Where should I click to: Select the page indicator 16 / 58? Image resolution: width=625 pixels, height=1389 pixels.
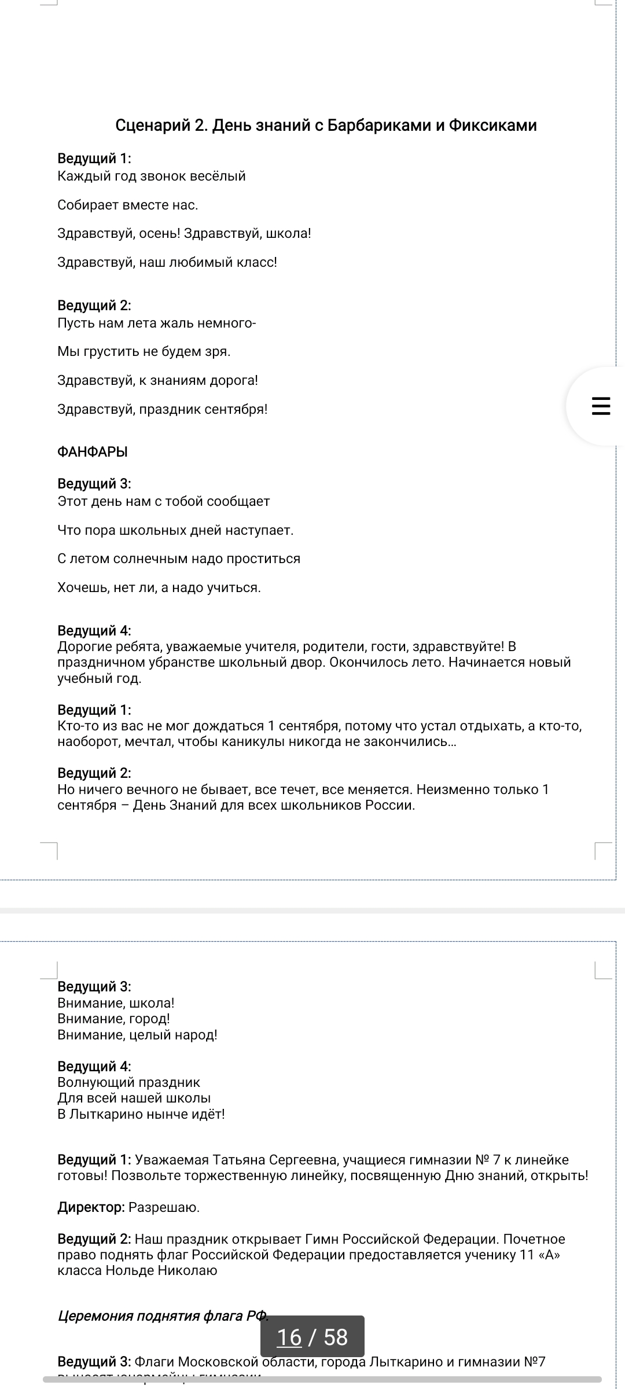312,1337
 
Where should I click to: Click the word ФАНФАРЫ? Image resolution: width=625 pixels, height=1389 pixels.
93,452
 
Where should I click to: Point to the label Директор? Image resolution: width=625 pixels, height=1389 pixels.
91,1207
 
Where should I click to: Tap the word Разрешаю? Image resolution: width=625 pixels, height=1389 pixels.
164,1207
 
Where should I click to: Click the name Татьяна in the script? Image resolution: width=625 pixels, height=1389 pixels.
238,1160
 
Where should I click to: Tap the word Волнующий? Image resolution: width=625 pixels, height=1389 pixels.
95,1082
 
